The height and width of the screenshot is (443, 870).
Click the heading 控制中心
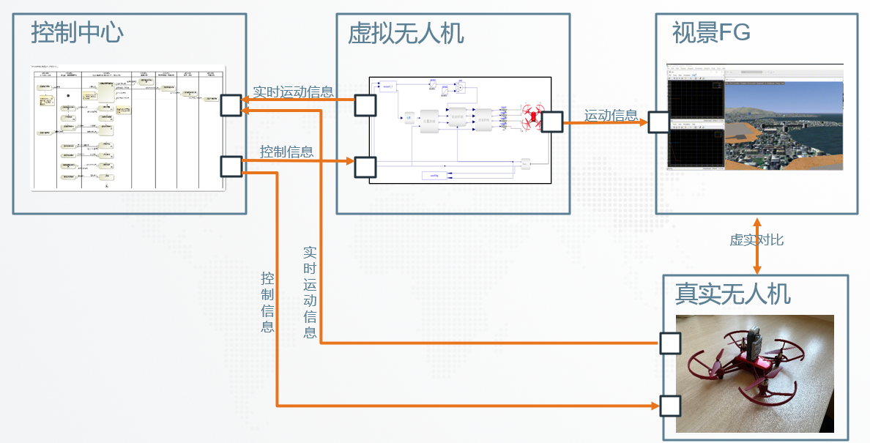(77, 32)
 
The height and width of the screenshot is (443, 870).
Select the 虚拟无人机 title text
(405, 34)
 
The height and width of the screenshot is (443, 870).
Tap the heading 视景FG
(711, 32)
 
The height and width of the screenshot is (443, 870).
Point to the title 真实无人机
(732, 294)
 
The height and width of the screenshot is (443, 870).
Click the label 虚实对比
(756, 240)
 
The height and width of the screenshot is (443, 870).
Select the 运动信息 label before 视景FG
(611, 116)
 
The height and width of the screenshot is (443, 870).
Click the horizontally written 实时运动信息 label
(293, 92)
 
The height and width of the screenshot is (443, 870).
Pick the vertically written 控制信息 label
(268, 302)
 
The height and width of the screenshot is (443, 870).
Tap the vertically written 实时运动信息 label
(311, 292)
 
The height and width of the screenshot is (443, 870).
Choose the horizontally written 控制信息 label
(287, 152)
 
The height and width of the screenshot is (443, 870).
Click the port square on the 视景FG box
(658, 122)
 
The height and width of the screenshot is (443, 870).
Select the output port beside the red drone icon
(551, 122)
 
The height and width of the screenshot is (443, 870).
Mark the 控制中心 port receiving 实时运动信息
(231, 105)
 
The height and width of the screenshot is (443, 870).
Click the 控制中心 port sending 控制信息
(231, 166)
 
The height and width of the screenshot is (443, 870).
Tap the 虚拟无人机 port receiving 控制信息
(365, 168)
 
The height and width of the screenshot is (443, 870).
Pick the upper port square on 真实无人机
(670, 343)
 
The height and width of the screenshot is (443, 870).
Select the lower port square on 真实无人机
(670, 405)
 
